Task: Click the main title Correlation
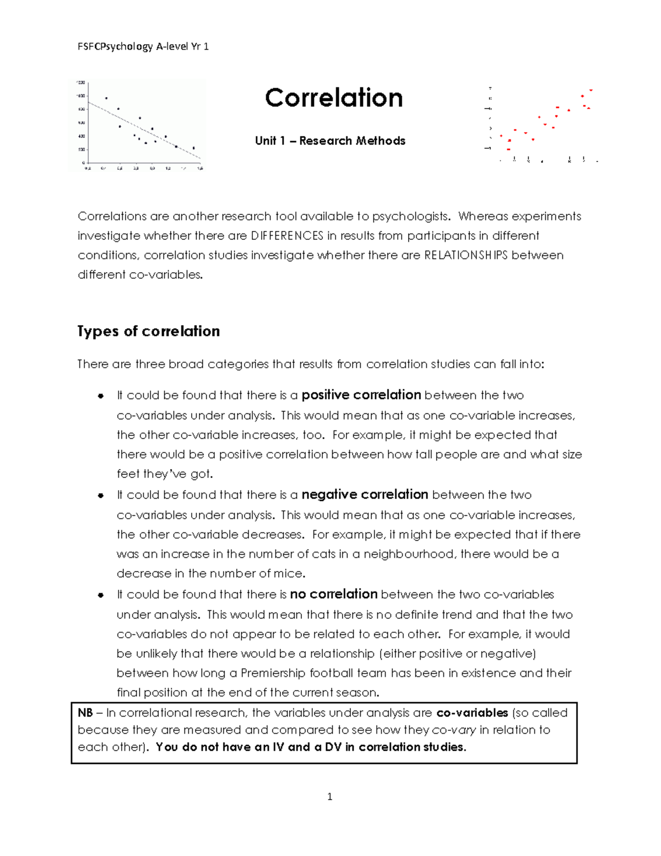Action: click(334, 98)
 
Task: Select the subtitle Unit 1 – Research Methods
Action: click(330, 141)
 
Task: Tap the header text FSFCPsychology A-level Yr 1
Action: click(143, 47)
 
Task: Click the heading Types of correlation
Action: click(149, 331)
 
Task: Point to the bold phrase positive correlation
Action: click(361, 395)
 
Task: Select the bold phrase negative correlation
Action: click(365, 495)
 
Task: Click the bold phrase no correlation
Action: click(333, 594)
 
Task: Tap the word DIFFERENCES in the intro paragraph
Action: click(287, 236)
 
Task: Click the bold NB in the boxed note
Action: click(85, 713)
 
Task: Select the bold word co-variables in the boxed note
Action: click(472, 713)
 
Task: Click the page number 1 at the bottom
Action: click(329, 796)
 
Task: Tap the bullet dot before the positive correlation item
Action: click(101, 396)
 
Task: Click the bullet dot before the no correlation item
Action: click(101, 595)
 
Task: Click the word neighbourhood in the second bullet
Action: click(408, 554)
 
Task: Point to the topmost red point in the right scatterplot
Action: click(590, 90)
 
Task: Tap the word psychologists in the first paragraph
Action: click(410, 216)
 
